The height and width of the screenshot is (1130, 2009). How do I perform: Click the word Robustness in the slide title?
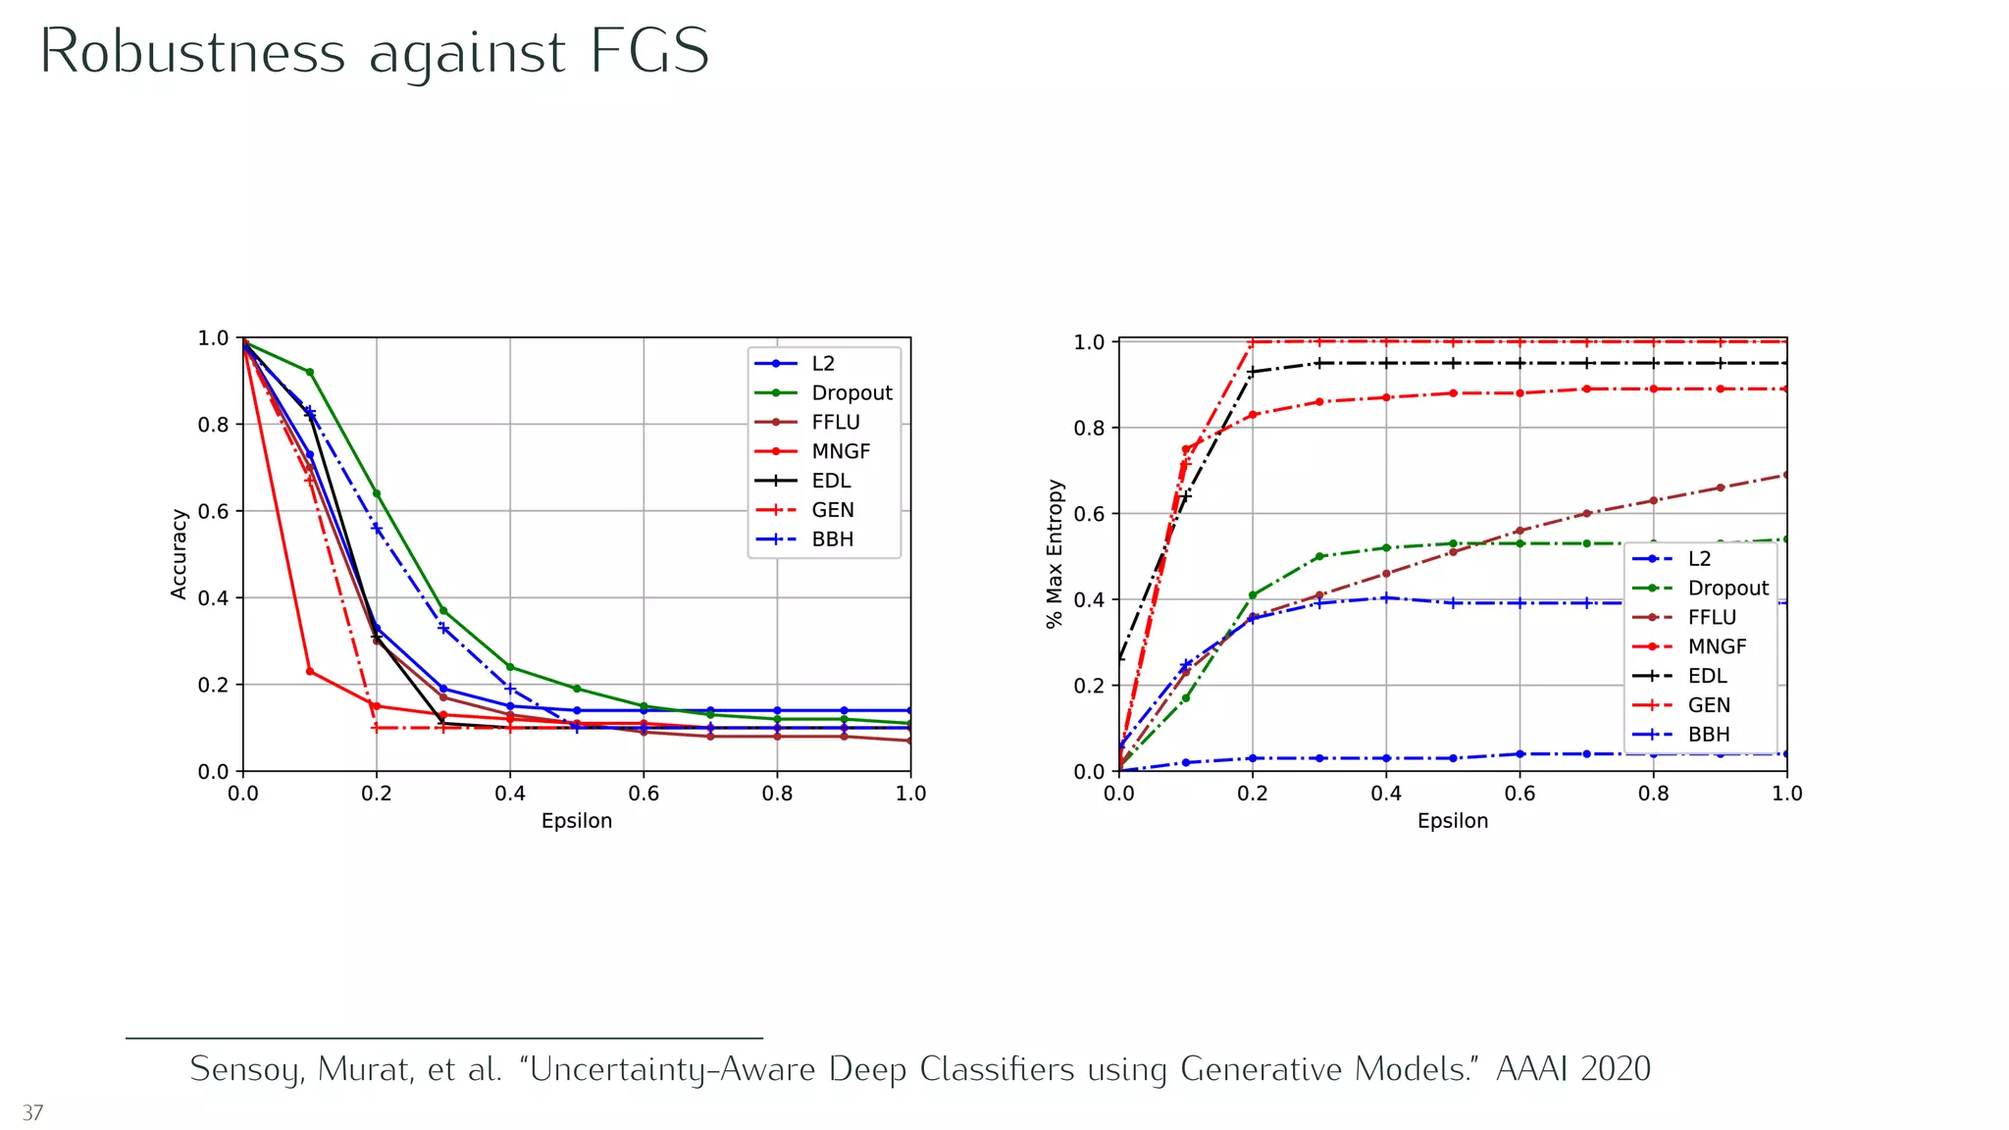point(192,51)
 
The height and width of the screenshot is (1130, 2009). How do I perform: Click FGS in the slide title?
point(649,51)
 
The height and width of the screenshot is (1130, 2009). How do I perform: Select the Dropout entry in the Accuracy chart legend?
point(850,393)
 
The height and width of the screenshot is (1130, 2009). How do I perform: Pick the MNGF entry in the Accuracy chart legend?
point(840,451)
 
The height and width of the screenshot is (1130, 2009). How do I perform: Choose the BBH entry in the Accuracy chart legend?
point(832,539)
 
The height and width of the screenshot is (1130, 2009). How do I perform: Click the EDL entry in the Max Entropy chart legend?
point(1707,676)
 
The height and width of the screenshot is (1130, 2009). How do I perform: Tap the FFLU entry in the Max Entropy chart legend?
point(1711,617)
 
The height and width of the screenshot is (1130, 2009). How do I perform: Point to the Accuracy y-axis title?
point(179,554)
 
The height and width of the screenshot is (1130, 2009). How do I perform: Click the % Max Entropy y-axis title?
point(1055,554)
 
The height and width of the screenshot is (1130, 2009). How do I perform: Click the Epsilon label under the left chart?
point(576,821)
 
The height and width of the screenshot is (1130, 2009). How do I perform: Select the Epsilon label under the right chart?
point(1452,821)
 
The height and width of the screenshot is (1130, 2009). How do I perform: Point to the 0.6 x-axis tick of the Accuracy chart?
point(644,794)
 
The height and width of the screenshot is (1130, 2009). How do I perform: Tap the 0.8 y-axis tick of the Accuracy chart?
point(213,425)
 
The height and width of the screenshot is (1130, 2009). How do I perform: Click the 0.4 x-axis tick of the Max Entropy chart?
point(1386,794)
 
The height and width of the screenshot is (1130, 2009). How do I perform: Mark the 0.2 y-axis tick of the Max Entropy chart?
point(1089,686)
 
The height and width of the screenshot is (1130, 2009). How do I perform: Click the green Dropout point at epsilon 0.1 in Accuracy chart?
point(310,372)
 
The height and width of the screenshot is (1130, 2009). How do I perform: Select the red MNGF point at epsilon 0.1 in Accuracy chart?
point(310,672)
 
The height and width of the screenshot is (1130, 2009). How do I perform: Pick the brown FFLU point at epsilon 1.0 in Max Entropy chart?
point(1785,475)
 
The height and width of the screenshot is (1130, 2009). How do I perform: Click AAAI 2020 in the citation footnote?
point(1572,1068)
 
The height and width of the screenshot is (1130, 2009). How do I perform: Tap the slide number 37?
point(32,1112)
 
